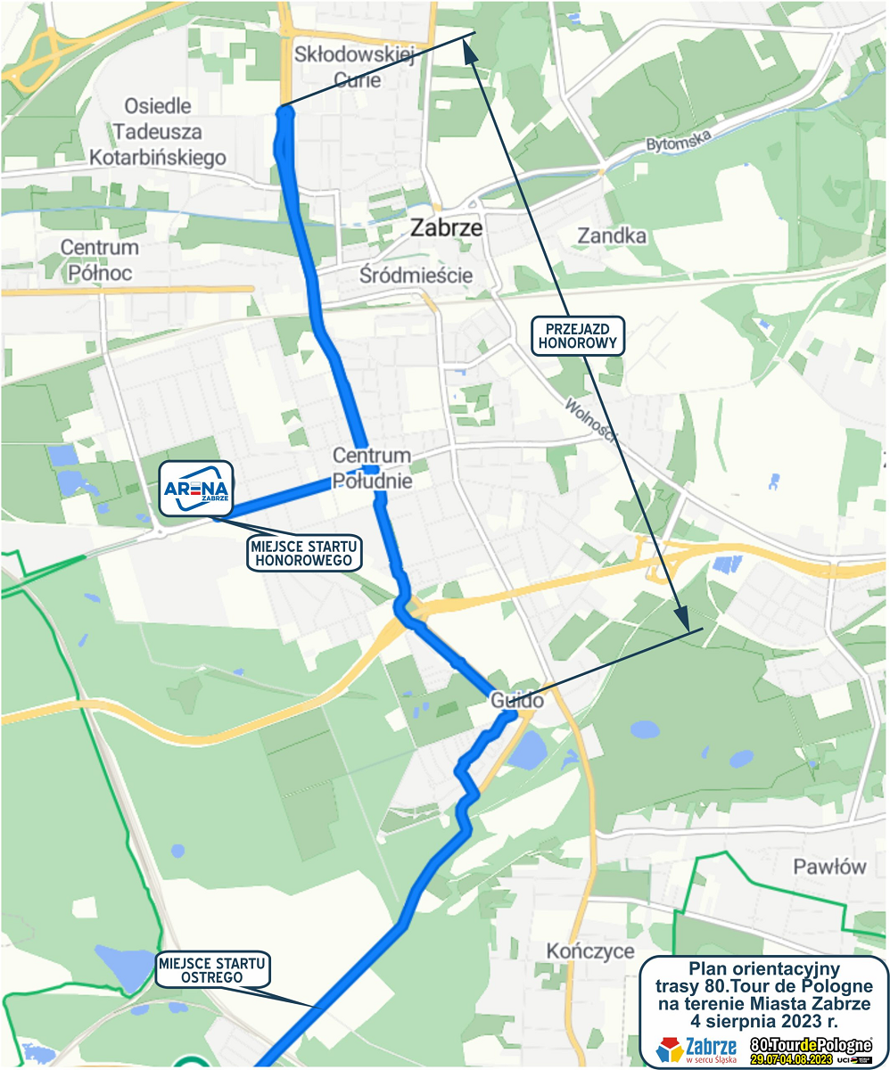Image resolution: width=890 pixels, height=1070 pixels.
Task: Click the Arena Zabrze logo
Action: tap(196, 488)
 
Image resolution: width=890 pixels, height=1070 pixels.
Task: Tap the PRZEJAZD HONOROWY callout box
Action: tap(580, 334)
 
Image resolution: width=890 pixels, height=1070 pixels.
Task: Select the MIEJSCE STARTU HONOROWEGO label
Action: tap(306, 553)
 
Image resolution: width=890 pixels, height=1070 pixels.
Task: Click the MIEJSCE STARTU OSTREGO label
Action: tap(212, 970)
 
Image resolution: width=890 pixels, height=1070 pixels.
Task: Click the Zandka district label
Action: tap(612, 236)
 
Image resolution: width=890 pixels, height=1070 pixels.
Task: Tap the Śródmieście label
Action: tap(416, 275)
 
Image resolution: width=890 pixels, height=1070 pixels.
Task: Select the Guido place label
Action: tap(517, 702)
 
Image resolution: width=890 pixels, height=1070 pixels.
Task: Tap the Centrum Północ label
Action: tap(100, 259)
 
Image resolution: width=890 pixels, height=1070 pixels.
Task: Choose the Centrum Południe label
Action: tap(372, 468)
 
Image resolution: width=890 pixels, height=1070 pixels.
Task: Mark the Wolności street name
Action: tap(590, 420)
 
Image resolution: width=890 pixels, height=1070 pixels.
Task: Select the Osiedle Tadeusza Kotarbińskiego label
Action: tap(158, 132)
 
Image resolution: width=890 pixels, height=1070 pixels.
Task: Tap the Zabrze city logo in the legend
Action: tap(696, 1049)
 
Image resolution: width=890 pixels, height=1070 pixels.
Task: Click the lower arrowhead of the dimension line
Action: tap(685, 622)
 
